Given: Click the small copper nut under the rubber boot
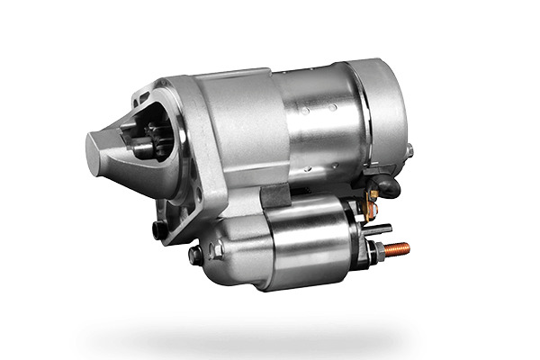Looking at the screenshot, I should click(370, 206).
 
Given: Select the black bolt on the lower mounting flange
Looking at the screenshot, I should click(160, 229).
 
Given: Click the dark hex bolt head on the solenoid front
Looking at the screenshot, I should click(195, 255).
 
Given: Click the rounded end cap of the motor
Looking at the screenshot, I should click(383, 117).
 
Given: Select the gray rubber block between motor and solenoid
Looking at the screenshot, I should click(274, 194).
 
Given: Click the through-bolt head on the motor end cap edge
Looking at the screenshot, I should click(408, 150).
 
